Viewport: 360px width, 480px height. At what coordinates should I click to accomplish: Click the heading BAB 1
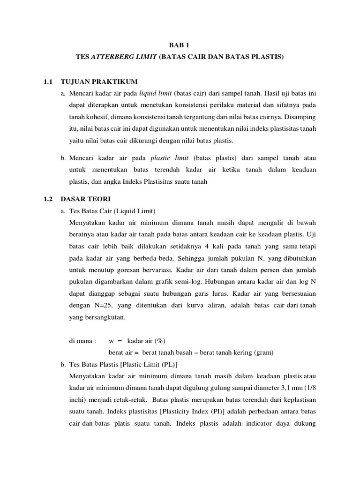click(x=180, y=45)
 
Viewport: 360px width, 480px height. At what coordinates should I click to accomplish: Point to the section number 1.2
click(x=47, y=199)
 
